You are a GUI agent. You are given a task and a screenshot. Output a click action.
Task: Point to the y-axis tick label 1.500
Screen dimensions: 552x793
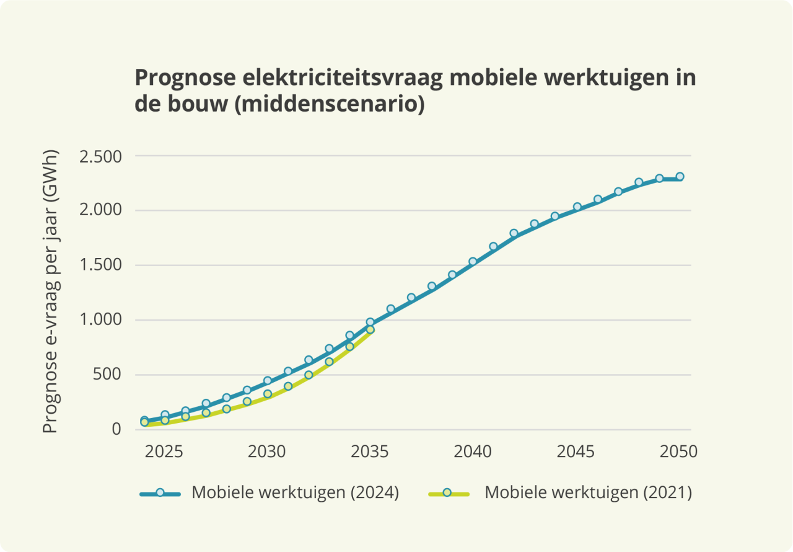(100, 265)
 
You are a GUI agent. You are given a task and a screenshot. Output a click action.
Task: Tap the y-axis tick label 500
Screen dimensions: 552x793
(108, 375)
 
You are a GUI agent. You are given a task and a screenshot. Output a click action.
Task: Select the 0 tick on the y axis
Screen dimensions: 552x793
(116, 429)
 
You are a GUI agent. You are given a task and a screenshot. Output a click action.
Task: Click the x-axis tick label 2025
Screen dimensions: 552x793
(164, 452)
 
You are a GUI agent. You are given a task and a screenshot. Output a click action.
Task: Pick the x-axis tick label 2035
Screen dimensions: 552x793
(370, 452)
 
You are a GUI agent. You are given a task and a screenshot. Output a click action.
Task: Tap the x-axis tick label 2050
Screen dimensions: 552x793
(679, 452)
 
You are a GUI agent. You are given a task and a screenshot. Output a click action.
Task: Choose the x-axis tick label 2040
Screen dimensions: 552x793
(473, 452)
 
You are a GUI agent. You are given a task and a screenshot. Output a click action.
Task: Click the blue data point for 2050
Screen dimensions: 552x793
(680, 177)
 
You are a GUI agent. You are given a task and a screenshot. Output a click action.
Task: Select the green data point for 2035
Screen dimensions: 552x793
(370, 330)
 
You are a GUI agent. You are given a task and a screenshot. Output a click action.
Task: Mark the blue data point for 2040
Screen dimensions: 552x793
(473, 262)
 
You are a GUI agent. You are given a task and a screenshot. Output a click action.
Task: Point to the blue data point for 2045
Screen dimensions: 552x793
(577, 207)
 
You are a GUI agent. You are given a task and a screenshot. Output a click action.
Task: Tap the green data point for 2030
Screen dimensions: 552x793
(268, 394)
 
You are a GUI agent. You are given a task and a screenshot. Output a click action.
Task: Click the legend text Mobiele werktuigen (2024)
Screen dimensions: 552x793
(295, 492)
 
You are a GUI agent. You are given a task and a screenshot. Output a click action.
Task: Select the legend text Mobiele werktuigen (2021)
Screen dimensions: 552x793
(588, 492)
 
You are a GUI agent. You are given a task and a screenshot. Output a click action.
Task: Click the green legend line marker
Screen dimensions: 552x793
(447, 492)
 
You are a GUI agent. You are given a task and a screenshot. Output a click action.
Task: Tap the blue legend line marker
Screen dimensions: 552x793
(160, 492)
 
